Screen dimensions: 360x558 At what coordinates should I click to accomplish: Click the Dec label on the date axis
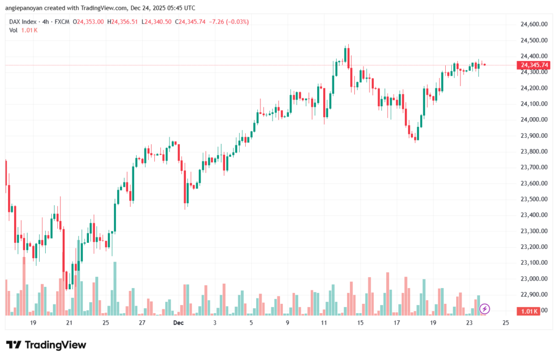(x=178, y=323)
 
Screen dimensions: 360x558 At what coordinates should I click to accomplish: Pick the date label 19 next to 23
(x=433, y=323)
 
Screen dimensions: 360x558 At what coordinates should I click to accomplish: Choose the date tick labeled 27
(x=142, y=323)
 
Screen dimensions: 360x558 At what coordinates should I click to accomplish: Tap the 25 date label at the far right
(x=505, y=323)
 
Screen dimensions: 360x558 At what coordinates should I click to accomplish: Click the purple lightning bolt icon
(x=484, y=309)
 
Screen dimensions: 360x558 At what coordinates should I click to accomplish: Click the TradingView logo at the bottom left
(x=46, y=345)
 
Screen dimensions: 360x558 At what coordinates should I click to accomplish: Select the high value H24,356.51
(x=123, y=21)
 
